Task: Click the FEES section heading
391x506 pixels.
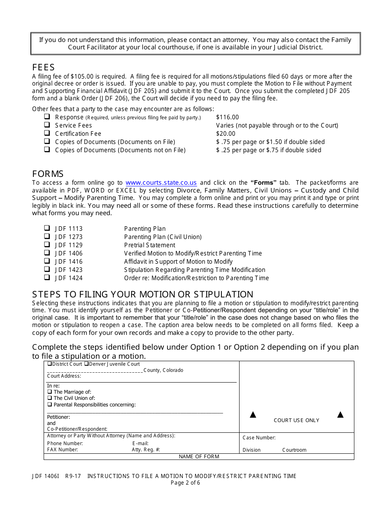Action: (x=43, y=67)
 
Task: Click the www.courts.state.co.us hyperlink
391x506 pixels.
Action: (x=161, y=183)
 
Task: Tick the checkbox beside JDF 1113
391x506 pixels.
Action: (x=47, y=228)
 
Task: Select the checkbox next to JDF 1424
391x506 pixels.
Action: (x=47, y=277)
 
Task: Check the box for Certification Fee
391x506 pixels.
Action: (x=47, y=133)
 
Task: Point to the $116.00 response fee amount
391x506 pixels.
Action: (x=227, y=117)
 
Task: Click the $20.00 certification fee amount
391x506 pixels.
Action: (x=226, y=134)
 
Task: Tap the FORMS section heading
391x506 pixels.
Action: (x=48, y=174)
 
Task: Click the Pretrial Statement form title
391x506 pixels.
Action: (x=149, y=245)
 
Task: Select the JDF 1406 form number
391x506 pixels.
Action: (x=69, y=253)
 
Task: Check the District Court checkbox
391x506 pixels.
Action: (x=49, y=364)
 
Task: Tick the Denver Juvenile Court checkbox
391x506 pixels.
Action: (x=86, y=364)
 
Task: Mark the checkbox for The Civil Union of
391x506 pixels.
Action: (x=49, y=398)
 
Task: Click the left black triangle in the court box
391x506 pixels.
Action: (x=253, y=415)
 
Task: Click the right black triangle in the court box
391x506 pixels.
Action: (x=340, y=415)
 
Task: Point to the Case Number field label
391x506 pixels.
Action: (x=259, y=438)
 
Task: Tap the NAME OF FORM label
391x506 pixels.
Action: (x=199, y=457)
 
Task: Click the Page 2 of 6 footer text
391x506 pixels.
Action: (x=185, y=483)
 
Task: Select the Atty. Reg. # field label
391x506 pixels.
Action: (x=146, y=450)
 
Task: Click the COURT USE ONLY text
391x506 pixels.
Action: (x=296, y=420)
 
